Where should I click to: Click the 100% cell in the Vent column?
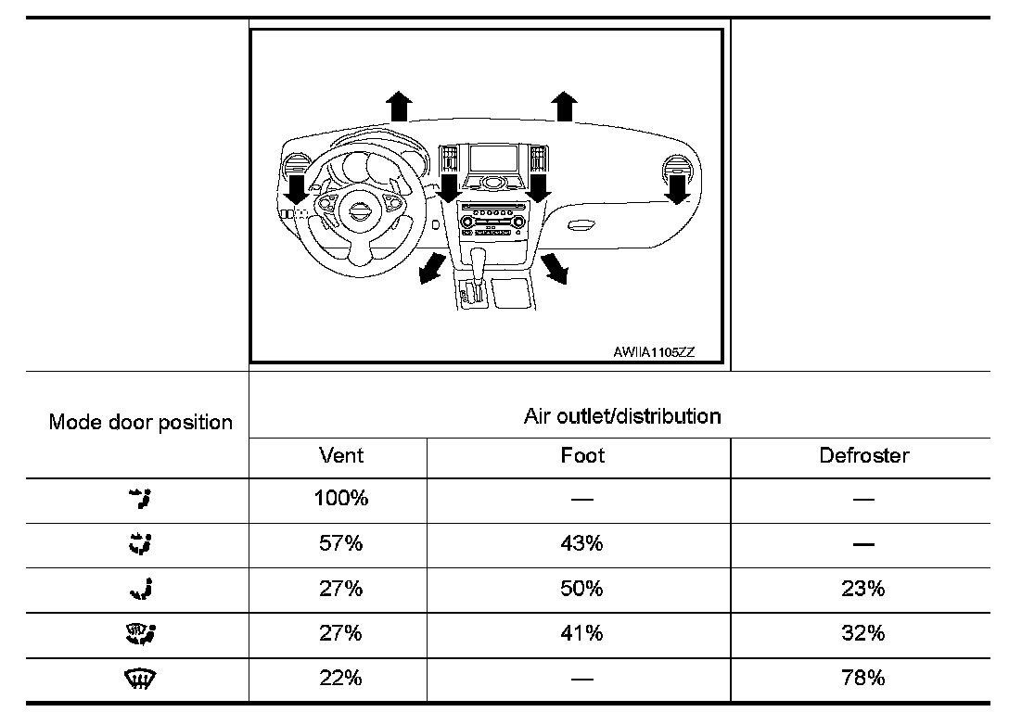tap(340, 499)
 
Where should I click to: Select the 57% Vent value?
tap(340, 543)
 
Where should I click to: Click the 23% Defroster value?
tap(863, 589)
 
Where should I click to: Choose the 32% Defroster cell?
tap(863, 633)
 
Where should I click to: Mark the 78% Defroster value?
tap(863, 679)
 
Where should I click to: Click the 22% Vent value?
tap(340, 679)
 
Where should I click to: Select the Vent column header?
tap(340, 455)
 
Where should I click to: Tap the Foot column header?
tap(581, 455)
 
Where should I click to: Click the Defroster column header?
tap(863, 455)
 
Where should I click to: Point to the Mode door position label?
tap(140, 423)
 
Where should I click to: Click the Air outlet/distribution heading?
tap(621, 416)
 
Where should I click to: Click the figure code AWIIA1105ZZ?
tap(654, 352)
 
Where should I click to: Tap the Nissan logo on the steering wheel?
tap(356, 210)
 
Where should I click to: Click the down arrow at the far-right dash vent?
tap(678, 190)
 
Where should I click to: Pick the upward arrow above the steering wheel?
tap(399, 106)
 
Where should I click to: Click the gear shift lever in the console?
tap(479, 260)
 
